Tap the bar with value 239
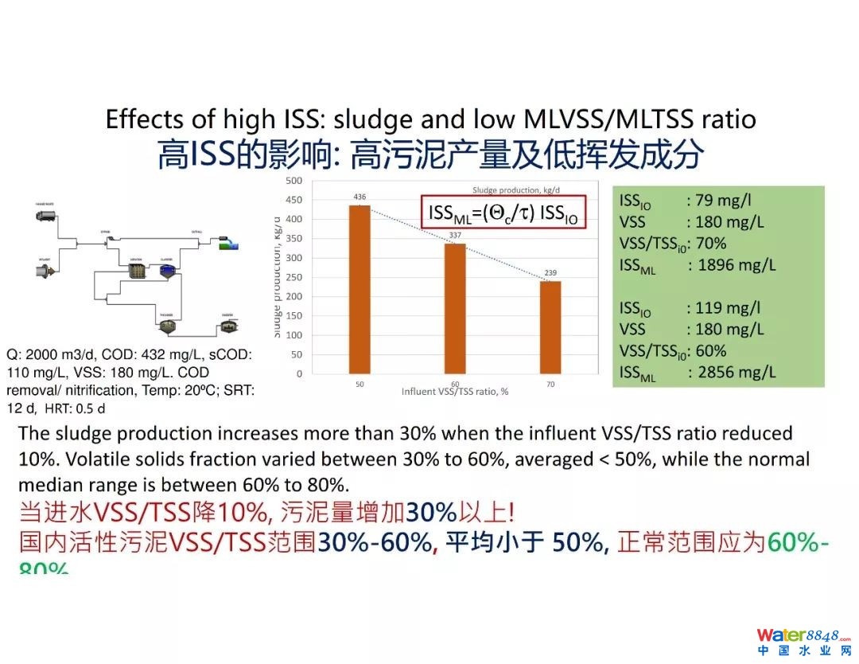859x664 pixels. click(550, 327)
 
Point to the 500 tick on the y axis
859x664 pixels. click(294, 181)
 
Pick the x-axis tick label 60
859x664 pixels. click(455, 385)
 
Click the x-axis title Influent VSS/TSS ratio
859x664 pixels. click(455, 392)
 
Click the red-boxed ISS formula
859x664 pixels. click(503, 213)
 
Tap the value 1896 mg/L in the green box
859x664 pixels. click(736, 265)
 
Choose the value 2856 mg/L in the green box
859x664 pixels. click(736, 372)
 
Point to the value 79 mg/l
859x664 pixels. click(723, 201)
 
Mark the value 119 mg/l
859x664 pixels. click(727, 308)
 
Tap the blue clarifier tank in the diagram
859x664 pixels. click(167, 271)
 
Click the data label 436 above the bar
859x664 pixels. click(360, 197)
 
